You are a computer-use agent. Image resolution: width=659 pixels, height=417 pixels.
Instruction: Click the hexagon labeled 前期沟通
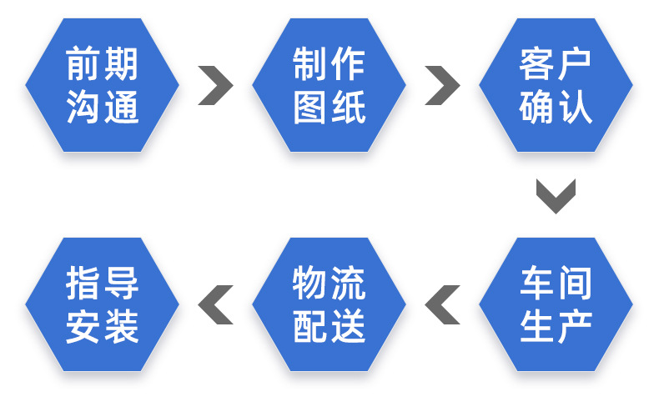point(102,86)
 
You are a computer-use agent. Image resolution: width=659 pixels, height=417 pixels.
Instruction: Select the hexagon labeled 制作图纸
point(329,86)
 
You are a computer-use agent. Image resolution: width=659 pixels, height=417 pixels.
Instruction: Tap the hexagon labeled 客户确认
point(556,86)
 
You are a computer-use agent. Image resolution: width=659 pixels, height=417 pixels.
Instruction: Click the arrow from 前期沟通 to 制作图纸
point(215,86)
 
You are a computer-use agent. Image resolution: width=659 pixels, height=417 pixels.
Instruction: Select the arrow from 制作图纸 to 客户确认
point(442,86)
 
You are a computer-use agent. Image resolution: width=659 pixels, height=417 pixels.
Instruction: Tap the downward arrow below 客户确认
point(556,195)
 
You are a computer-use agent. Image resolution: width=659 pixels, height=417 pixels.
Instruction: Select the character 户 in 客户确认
point(574,64)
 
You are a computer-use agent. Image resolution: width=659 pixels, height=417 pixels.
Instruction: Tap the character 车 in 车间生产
point(537,284)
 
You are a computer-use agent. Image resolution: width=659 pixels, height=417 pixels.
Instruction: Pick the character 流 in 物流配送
point(348,284)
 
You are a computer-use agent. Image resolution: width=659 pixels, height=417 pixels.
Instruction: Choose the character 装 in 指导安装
point(121,326)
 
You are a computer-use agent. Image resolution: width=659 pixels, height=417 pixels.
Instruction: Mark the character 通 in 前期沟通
point(121,108)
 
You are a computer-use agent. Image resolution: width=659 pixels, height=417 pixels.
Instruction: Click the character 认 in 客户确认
point(574,108)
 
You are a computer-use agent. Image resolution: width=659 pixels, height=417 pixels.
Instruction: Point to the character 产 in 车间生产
point(574,326)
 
